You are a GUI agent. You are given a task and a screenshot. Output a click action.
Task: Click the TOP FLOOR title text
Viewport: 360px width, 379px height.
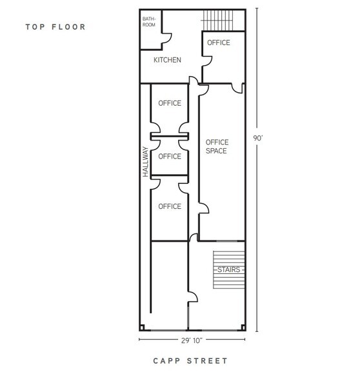(55, 27)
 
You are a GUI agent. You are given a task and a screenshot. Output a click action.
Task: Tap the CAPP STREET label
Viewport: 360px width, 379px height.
(190, 361)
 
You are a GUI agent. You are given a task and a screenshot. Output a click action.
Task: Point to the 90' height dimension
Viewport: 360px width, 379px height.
(258, 138)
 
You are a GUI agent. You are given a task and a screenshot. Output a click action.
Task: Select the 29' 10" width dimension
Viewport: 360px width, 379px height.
(192, 340)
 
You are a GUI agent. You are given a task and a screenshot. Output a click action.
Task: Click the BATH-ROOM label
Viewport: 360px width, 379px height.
(149, 22)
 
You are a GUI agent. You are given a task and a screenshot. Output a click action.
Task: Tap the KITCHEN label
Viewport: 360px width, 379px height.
(167, 60)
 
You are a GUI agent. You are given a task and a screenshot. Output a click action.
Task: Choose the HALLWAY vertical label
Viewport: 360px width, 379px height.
(145, 162)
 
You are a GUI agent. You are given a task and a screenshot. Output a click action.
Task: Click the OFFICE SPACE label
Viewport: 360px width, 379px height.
(217, 146)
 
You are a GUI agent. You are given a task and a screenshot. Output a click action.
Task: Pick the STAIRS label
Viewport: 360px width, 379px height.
(228, 269)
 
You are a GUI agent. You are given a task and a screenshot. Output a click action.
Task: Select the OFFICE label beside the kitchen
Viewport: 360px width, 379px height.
(219, 43)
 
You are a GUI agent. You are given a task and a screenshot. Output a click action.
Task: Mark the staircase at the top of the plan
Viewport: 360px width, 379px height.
(218, 21)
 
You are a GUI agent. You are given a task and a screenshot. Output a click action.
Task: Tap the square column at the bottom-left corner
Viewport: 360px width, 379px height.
(142, 327)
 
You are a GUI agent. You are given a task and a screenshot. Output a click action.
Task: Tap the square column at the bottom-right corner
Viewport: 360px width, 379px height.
(243, 327)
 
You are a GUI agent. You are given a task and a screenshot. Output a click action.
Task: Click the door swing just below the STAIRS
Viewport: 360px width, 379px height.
(193, 296)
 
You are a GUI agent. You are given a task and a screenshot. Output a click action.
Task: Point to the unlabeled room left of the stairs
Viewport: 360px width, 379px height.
(169, 285)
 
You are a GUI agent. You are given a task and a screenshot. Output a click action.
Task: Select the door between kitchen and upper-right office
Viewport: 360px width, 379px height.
(207, 61)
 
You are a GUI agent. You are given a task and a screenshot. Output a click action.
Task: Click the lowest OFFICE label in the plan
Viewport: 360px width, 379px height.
(170, 206)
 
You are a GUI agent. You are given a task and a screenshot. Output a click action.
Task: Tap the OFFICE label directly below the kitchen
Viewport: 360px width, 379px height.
(170, 103)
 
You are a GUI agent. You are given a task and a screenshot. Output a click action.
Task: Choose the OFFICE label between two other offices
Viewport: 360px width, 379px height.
(170, 157)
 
